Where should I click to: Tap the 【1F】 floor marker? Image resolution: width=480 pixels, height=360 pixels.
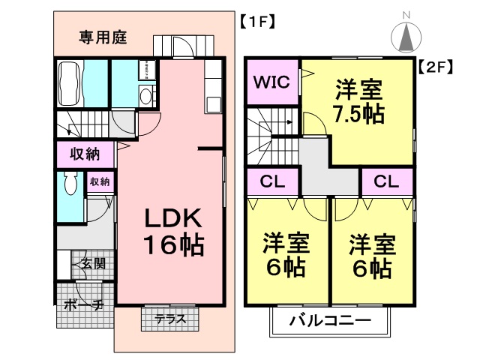[256, 21]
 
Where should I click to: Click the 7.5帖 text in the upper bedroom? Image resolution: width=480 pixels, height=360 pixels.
[358, 114]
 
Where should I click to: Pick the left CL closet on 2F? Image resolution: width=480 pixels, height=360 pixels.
[273, 181]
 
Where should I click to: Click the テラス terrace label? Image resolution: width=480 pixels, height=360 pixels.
[170, 319]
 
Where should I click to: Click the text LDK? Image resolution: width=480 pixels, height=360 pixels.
[173, 218]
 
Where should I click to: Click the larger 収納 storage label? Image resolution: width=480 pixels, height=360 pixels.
[86, 155]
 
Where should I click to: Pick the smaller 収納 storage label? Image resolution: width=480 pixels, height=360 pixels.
[100, 181]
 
